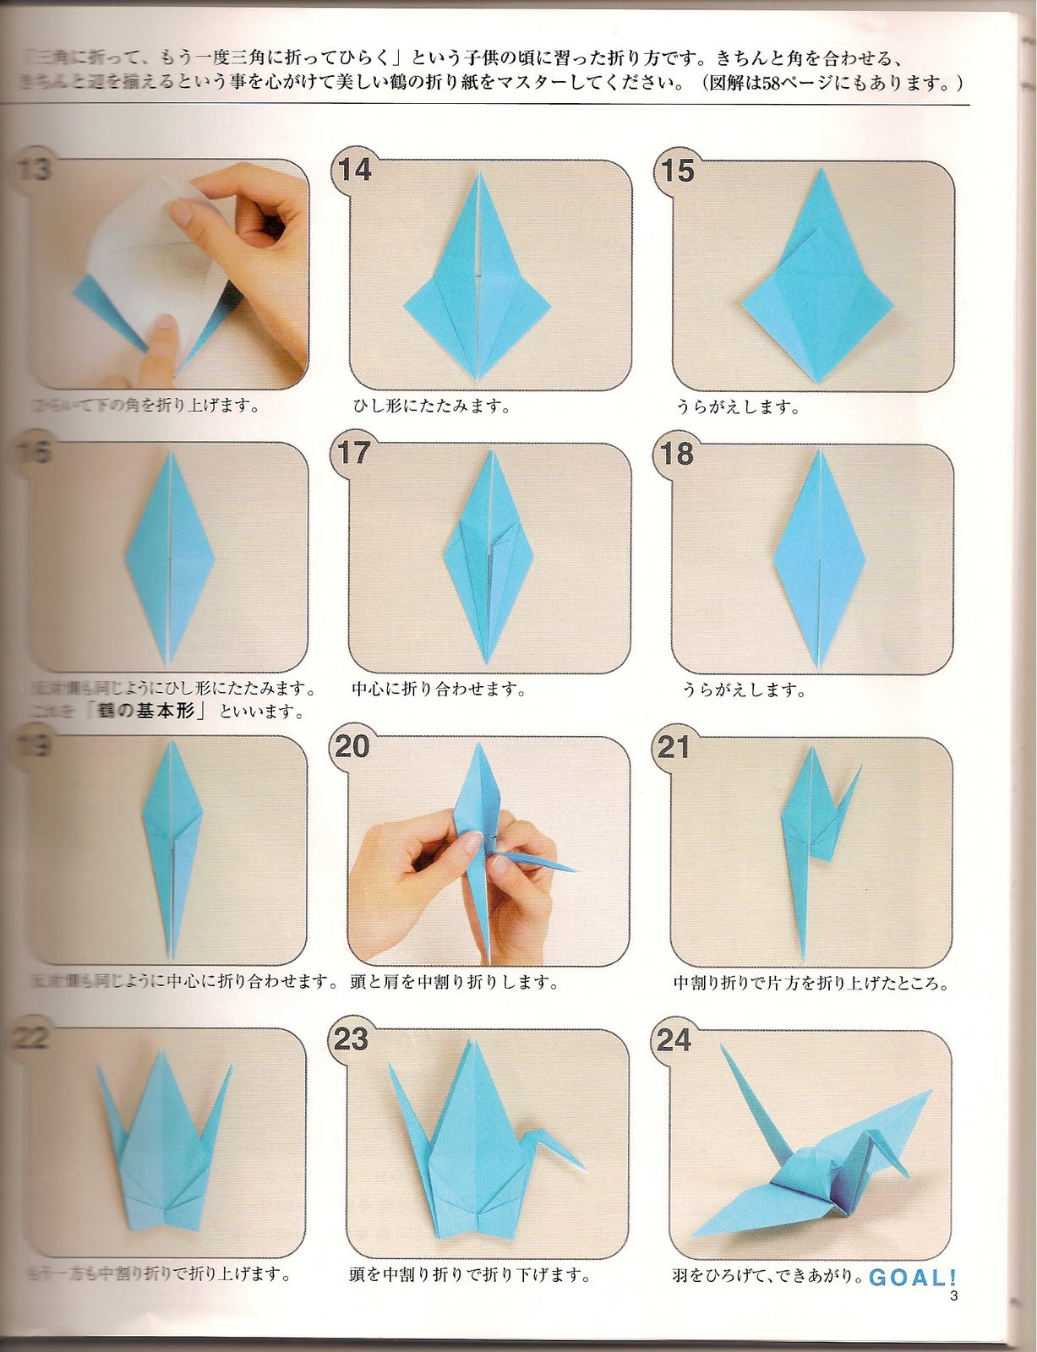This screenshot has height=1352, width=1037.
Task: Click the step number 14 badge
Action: pos(354,170)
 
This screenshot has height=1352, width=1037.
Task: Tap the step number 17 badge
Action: pos(353,453)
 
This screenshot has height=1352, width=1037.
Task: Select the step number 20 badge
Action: pos(352,746)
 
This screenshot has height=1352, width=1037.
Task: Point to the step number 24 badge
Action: pos(674,1040)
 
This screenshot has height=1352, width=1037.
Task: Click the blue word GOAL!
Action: pos(913,1278)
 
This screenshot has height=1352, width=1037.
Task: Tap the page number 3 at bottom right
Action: pos(953,1297)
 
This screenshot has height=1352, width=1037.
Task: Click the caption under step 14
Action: pos(431,406)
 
